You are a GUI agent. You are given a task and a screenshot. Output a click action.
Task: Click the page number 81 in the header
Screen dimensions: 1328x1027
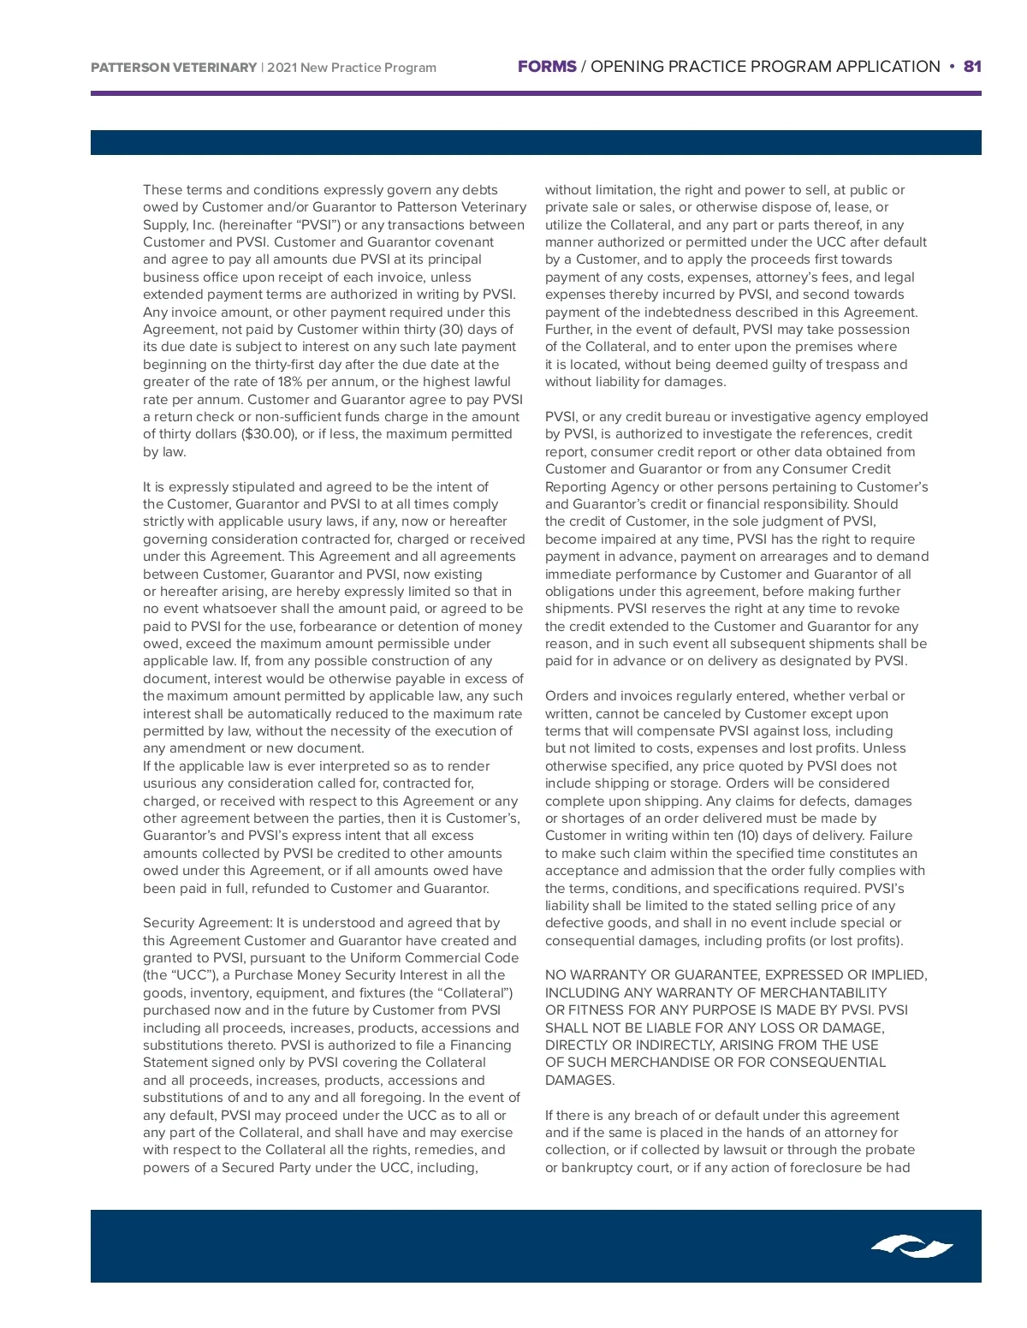coord(972,67)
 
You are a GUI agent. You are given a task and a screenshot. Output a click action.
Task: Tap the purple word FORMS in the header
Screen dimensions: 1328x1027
coord(547,67)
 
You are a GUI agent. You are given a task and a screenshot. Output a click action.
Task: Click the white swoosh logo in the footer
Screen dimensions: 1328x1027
coord(912,1247)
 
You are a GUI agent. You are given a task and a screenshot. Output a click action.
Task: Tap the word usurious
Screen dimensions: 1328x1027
coord(171,783)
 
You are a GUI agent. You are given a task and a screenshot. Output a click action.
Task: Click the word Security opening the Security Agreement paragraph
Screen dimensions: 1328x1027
coord(169,923)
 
